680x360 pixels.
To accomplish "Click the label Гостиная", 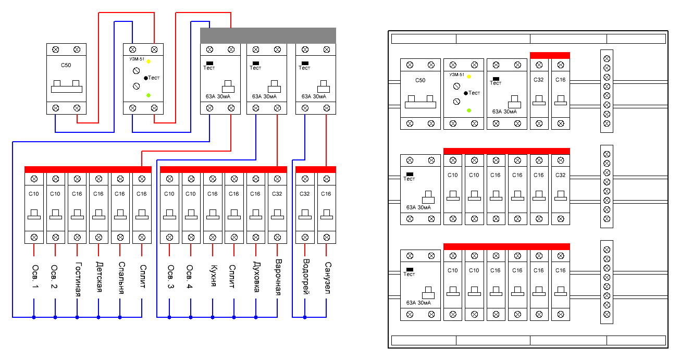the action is [x=78, y=279].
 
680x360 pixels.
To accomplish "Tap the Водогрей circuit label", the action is [x=306, y=277].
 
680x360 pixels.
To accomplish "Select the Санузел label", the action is [x=327, y=278].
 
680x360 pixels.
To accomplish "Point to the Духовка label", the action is [x=256, y=277].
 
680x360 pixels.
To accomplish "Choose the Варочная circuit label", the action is [x=278, y=277].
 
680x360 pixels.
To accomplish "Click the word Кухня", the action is [x=214, y=275].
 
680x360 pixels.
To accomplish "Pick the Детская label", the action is [x=100, y=277].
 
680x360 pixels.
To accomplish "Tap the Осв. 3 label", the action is [x=170, y=277].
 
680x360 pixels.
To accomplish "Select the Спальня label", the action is [x=121, y=278].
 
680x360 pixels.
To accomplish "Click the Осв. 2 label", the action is [x=54, y=277].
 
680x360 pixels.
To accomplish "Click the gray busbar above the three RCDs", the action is [x=268, y=35].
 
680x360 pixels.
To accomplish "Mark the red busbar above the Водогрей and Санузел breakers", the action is [x=316, y=169].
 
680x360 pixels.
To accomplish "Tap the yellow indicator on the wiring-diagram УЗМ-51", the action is [x=149, y=61].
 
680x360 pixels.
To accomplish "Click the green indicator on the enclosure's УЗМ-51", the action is [x=469, y=110].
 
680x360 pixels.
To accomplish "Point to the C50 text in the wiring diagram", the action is [x=66, y=65].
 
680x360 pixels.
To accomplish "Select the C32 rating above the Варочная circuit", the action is [x=277, y=194].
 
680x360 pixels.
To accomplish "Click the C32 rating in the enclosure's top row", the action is [x=539, y=80].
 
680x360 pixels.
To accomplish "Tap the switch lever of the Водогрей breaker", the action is [x=305, y=214].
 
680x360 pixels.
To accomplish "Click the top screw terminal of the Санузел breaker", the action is [x=327, y=179].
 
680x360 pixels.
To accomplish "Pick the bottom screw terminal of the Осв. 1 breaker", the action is [x=34, y=238].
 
